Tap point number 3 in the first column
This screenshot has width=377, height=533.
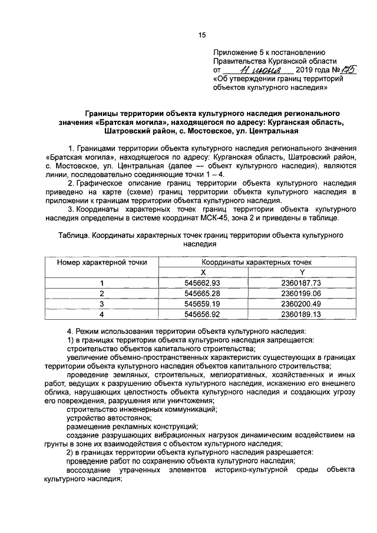coord(102,304)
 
